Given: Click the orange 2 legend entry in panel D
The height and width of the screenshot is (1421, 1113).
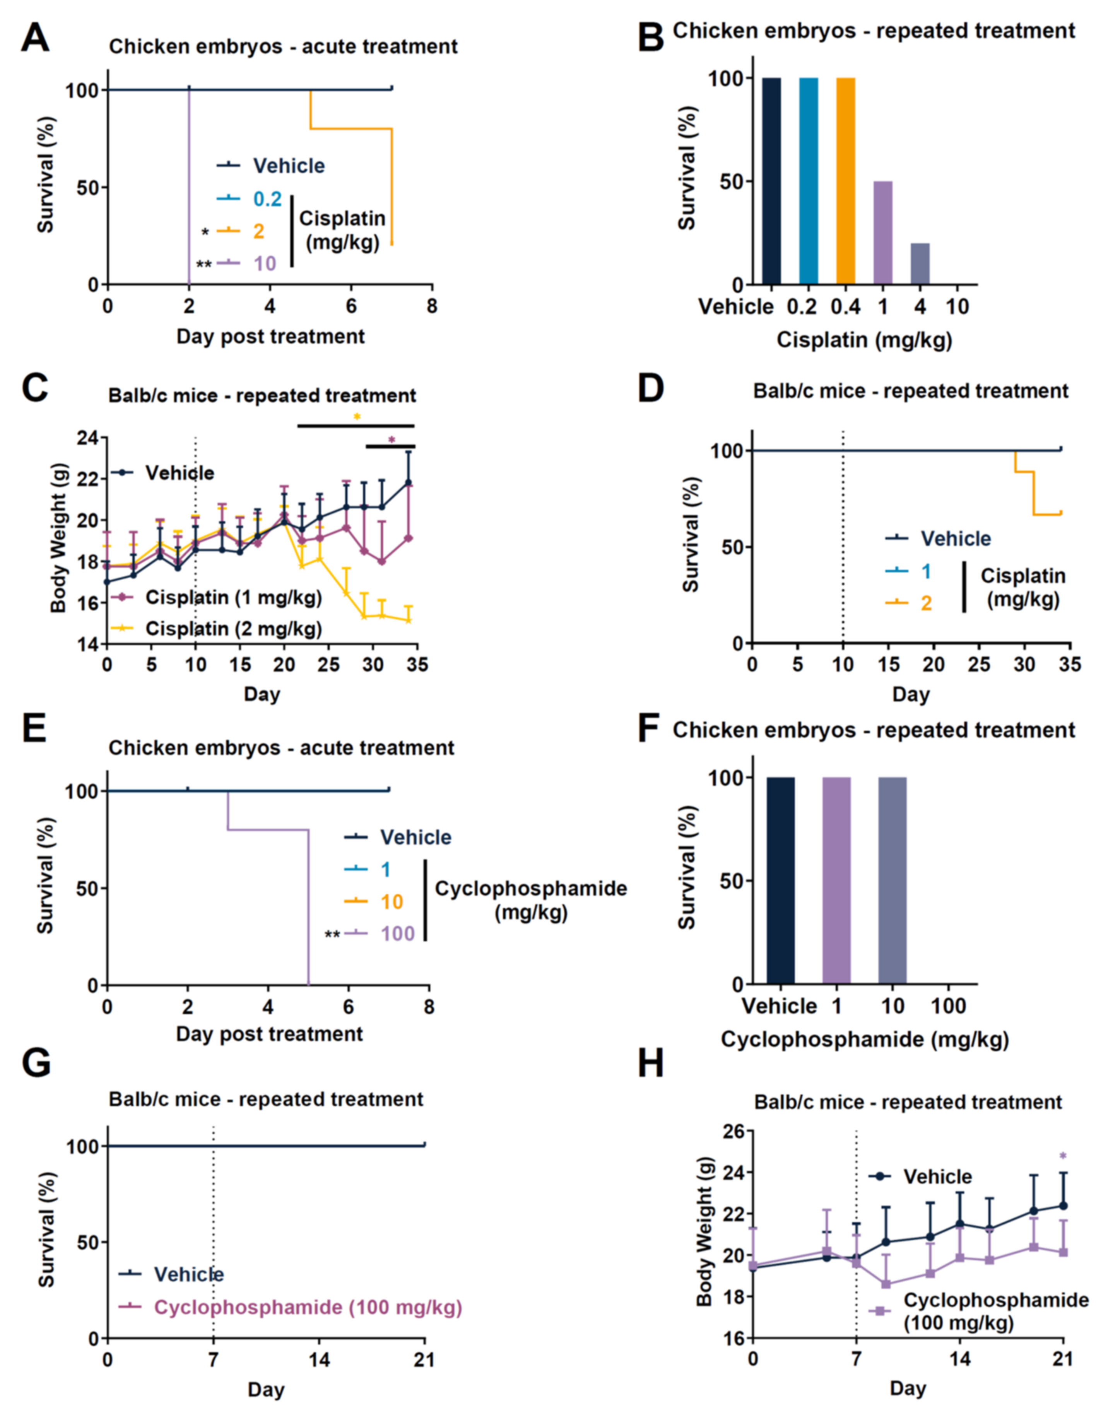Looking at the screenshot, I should (925, 603).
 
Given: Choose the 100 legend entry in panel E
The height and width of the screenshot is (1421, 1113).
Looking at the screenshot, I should (398, 934).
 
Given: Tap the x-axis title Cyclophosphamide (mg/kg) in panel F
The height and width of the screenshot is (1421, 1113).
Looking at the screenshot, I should (864, 1039).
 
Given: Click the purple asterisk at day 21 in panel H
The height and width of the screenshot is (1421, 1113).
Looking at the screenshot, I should (1063, 1156).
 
